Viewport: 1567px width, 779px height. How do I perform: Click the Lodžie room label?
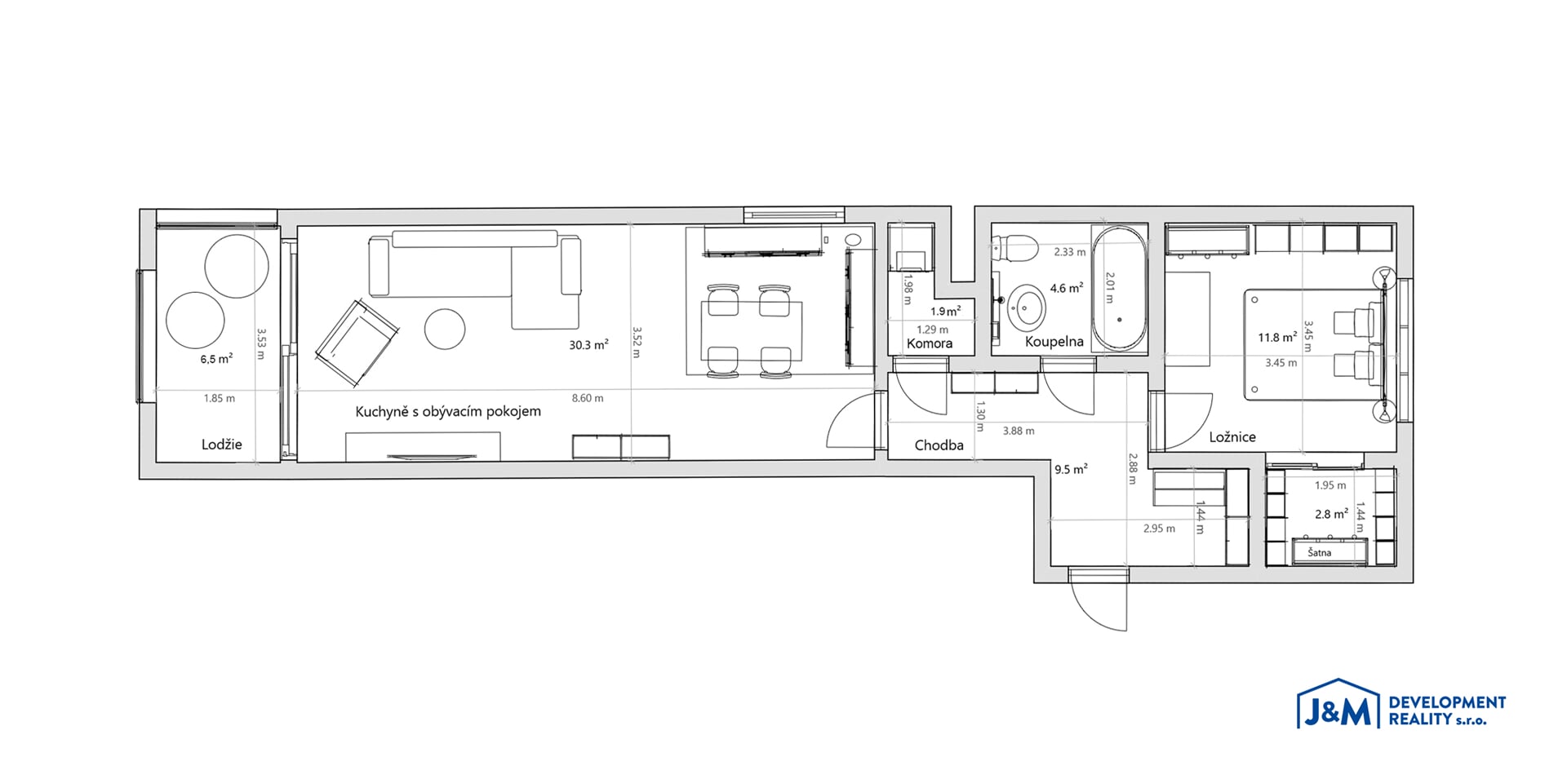tap(222, 445)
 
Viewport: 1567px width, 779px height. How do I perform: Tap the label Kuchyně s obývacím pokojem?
tap(448, 411)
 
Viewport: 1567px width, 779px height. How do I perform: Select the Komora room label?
tap(930, 343)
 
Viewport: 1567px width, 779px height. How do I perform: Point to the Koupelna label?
tap(1054, 342)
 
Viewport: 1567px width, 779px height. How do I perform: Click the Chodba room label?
tap(939, 445)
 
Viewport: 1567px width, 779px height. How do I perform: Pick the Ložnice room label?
tap(1232, 437)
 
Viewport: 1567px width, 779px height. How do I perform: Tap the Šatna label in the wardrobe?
tap(1320, 553)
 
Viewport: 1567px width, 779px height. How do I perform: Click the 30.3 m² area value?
tap(588, 345)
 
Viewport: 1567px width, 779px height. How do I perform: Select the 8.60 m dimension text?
tap(588, 398)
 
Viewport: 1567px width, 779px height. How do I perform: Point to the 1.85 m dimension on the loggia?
tap(220, 398)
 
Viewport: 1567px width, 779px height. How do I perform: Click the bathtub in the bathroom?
tap(1119, 289)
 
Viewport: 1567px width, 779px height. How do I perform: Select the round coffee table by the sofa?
tap(445, 329)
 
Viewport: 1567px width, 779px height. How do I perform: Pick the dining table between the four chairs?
tap(752, 331)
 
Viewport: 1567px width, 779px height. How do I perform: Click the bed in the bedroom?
tap(1314, 344)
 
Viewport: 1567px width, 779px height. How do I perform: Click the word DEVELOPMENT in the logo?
tap(1447, 702)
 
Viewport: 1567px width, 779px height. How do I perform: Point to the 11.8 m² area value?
tap(1277, 337)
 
